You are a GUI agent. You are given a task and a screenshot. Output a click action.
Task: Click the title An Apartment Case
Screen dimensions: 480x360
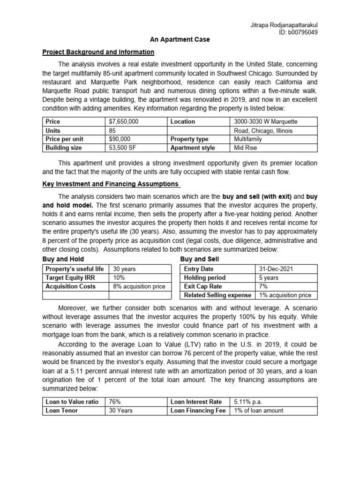pos(180,40)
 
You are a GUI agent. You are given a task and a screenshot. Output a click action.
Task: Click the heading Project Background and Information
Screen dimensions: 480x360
pos(98,52)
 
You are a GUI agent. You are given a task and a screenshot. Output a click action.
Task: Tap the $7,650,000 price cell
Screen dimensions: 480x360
pos(124,121)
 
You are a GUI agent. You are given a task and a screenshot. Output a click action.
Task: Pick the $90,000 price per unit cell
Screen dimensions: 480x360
pos(120,139)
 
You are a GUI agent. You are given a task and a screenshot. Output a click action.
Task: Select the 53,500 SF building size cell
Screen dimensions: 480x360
pos(122,148)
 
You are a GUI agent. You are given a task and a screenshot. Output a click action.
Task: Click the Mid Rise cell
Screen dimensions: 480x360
pos(245,148)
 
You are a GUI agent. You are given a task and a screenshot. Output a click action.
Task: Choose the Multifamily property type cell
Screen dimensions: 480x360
pos(248,139)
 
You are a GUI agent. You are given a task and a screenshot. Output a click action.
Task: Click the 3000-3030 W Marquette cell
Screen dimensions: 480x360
pos(266,121)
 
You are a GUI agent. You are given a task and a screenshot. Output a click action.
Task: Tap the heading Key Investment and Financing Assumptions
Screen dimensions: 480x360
pos(110,184)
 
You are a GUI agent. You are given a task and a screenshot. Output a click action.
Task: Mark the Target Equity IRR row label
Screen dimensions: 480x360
pos(69,277)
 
